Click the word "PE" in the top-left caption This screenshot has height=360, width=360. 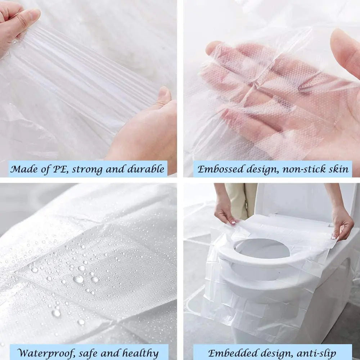[61, 169]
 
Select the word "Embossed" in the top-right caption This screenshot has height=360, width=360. [219, 169]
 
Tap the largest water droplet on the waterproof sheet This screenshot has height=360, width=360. [78, 279]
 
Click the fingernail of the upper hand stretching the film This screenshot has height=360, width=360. [35, 14]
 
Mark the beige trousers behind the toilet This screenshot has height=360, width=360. [241, 200]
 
